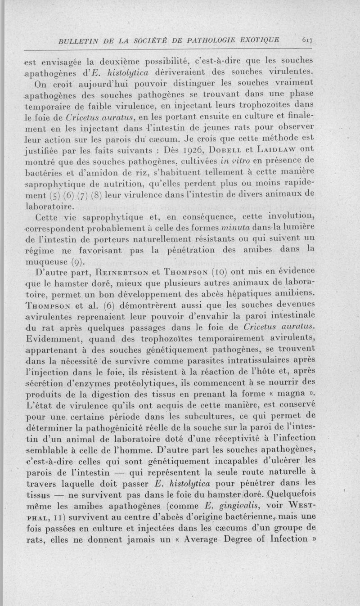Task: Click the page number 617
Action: (307, 40)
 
